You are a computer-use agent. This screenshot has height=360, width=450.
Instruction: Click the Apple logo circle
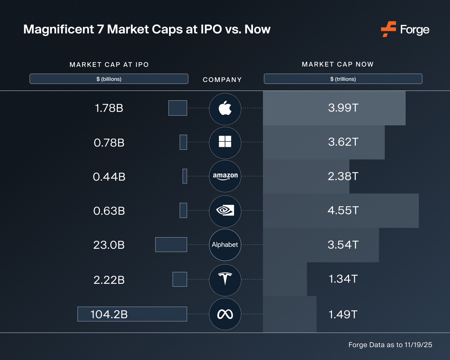(x=225, y=108)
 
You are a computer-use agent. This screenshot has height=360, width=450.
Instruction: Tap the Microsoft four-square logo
(x=225, y=141)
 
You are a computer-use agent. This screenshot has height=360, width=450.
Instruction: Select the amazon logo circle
(x=225, y=176)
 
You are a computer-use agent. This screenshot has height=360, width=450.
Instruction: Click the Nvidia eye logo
(x=225, y=211)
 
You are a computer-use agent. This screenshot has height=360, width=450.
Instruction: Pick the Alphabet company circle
(x=225, y=245)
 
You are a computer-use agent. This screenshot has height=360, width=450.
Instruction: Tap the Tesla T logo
(x=225, y=279)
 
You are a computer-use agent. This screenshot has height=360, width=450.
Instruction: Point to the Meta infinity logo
(x=225, y=314)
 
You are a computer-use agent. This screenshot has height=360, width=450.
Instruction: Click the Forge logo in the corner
(x=405, y=30)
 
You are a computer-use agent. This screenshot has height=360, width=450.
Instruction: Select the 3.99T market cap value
(x=343, y=108)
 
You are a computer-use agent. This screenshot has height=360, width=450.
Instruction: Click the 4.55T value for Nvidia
(x=343, y=211)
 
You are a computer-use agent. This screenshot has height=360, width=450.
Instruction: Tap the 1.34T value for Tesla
(x=343, y=279)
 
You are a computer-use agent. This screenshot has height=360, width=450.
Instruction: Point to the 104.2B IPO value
(x=109, y=314)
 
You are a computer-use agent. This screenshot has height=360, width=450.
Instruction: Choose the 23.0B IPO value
(x=109, y=245)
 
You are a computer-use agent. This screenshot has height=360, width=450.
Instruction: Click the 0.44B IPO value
(x=109, y=177)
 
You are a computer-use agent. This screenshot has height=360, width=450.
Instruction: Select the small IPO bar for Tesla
(x=180, y=279)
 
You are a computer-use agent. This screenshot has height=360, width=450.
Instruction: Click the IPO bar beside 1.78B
(x=177, y=108)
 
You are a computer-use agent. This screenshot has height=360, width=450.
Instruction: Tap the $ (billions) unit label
(x=109, y=79)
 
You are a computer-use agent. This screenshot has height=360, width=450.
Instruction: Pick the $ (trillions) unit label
(x=343, y=79)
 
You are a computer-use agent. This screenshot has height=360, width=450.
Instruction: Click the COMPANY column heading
(x=222, y=80)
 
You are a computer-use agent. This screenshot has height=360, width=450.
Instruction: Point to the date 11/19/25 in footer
(x=418, y=345)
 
